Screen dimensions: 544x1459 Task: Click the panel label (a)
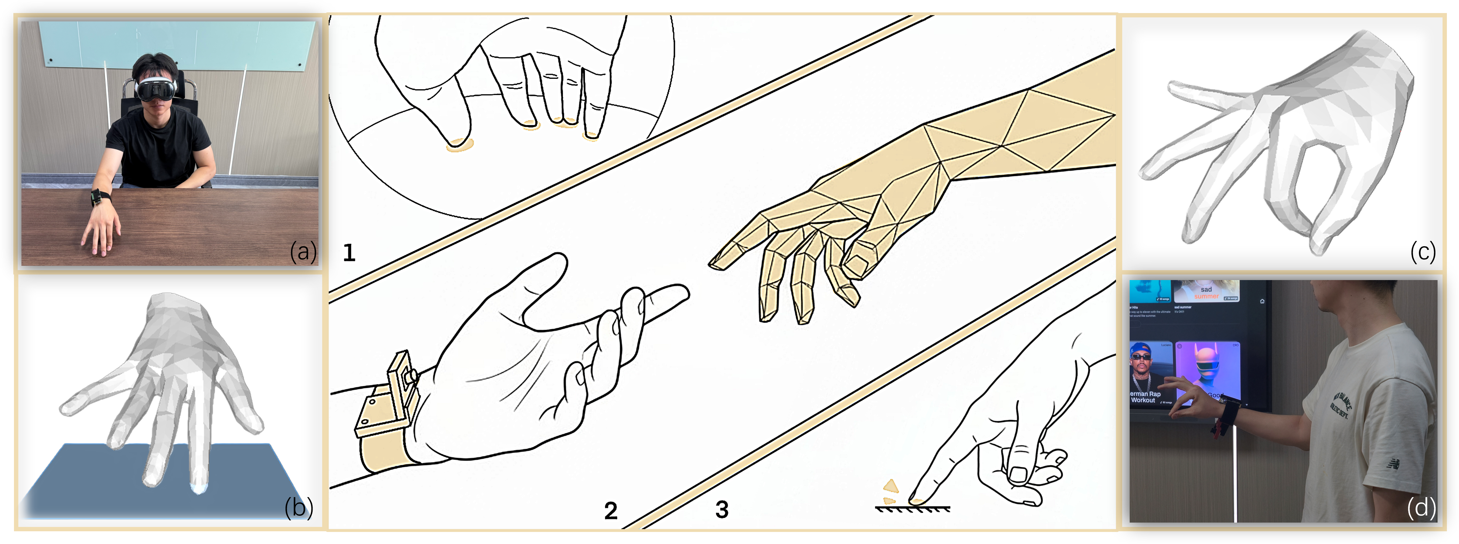coord(303,251)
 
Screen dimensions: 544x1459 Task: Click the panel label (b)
coord(299,508)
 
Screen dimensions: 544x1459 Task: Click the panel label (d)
coord(1421,508)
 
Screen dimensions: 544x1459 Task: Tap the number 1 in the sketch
coord(349,252)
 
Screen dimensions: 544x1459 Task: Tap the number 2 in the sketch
coord(611,510)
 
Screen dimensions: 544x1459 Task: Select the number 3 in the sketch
coord(721,510)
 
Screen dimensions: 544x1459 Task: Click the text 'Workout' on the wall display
coord(1143,400)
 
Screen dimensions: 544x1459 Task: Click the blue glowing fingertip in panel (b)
coord(198,488)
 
